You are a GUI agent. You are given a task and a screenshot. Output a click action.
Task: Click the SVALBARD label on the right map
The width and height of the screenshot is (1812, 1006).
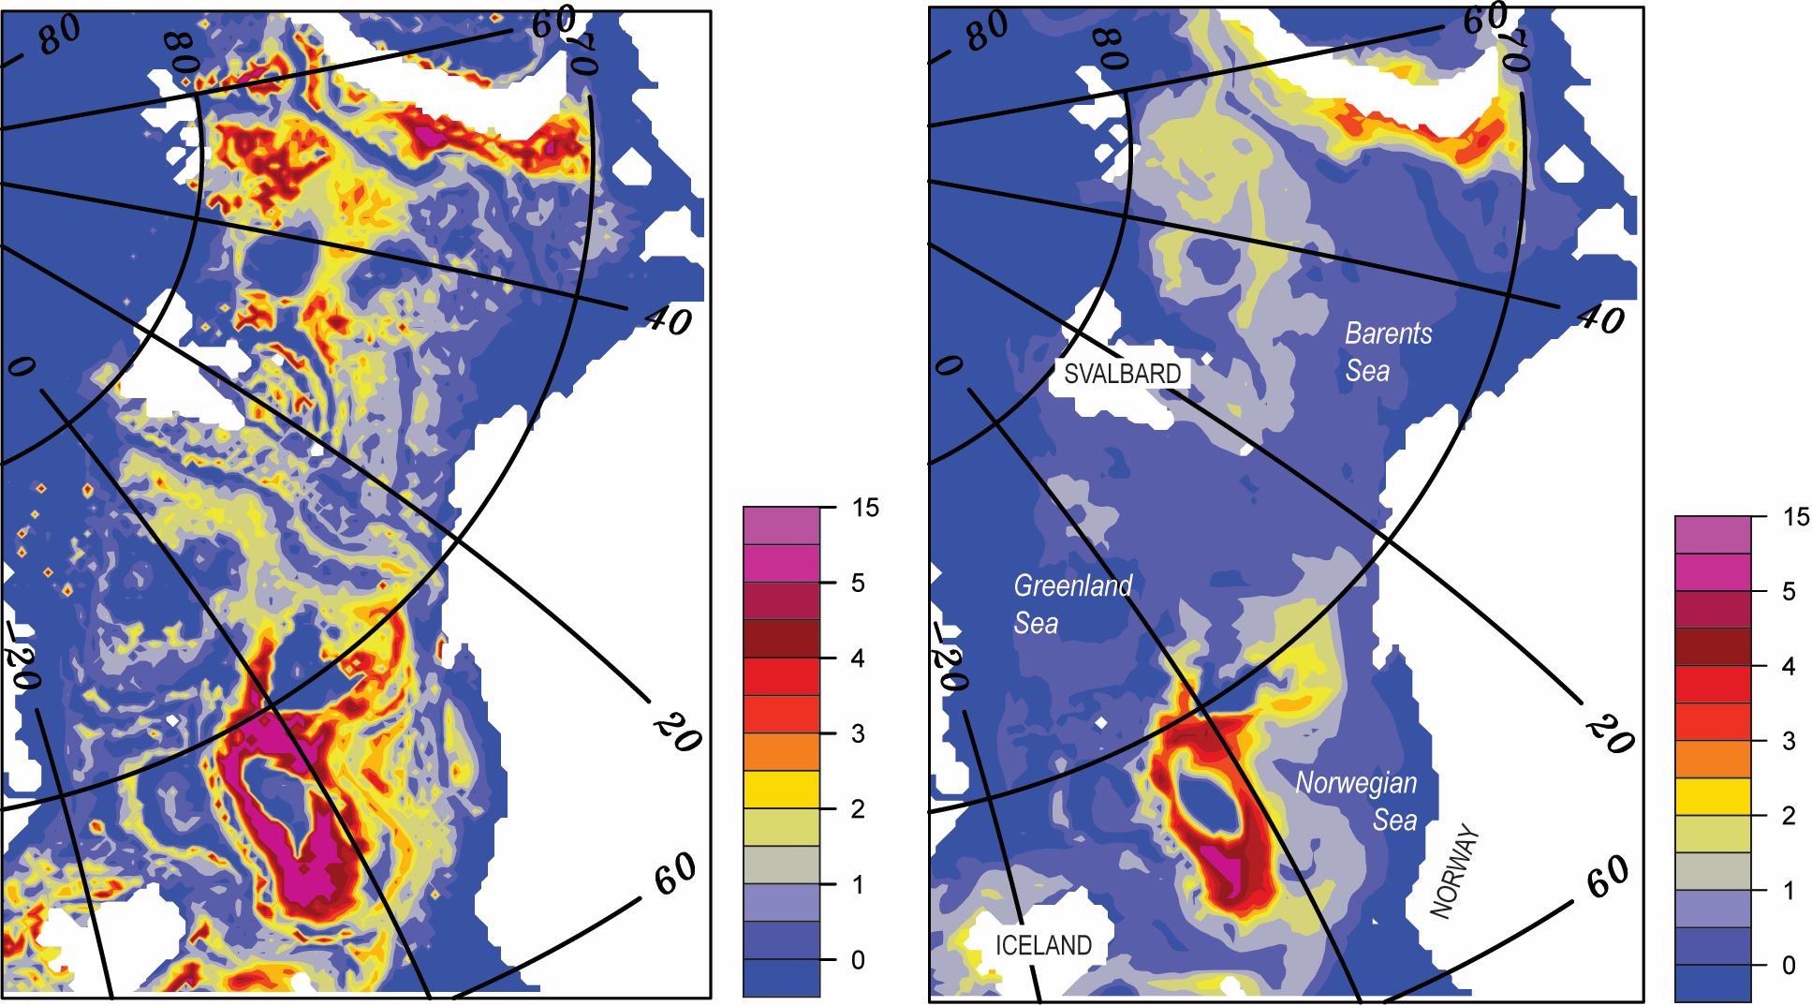(x=1122, y=374)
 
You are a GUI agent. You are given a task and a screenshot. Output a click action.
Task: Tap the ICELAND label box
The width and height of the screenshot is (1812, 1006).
(x=1043, y=945)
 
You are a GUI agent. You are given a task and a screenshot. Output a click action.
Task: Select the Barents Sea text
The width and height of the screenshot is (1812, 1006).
(x=1387, y=351)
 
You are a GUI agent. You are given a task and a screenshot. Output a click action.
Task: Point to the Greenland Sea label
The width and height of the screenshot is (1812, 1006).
(x=1071, y=604)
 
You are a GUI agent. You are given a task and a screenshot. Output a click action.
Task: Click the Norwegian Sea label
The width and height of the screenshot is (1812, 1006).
(x=1356, y=801)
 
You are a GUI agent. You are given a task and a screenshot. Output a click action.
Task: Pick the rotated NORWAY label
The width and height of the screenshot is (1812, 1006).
(x=1456, y=871)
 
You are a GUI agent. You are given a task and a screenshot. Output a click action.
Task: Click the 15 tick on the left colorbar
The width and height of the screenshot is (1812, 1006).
(x=865, y=508)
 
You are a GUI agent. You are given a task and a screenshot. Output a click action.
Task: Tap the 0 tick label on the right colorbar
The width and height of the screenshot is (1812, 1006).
(x=1789, y=965)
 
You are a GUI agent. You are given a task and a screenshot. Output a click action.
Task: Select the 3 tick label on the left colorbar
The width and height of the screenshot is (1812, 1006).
(x=858, y=733)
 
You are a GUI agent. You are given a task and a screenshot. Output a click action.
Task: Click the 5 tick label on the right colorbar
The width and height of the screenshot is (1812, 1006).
(x=1789, y=591)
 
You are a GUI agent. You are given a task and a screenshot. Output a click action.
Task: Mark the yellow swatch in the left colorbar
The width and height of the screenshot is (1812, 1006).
(x=781, y=789)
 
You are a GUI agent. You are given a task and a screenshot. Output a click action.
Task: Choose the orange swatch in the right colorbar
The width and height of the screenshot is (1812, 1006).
(x=1712, y=759)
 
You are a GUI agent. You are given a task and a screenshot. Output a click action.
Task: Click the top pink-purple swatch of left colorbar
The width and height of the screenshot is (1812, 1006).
(x=781, y=525)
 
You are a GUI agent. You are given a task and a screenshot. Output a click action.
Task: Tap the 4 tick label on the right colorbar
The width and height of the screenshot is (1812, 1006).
(x=1789, y=666)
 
